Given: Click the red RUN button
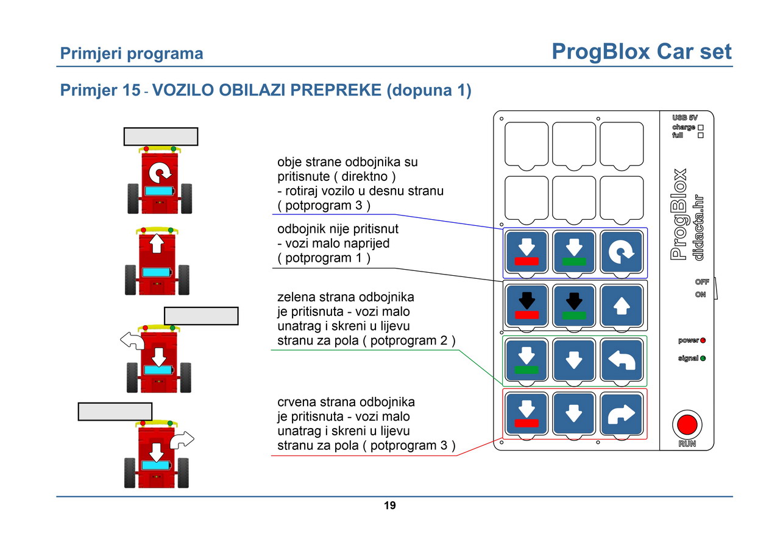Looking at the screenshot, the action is [687, 425].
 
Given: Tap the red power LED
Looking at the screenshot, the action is [703, 340].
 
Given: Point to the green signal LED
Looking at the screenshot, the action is [703, 358].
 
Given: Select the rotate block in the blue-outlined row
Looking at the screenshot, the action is [621, 252].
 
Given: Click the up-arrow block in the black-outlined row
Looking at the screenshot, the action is [621, 306].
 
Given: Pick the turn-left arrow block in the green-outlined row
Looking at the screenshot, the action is [621, 360].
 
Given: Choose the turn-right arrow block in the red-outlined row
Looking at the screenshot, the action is [621, 414].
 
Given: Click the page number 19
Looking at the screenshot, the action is [389, 505].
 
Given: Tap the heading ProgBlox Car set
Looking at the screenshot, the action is [642, 52].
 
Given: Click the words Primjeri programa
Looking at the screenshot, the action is [131, 54].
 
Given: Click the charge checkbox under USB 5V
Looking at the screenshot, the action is [701, 128].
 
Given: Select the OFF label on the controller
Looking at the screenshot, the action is [701, 282].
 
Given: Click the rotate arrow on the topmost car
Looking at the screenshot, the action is [160, 172].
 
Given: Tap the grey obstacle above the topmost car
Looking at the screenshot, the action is [161, 136].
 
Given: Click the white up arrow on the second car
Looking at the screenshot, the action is [157, 243].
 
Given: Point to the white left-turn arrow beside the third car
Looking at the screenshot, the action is [133, 340].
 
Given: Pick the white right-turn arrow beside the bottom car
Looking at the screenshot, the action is [182, 440].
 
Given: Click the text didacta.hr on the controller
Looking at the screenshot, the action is [698, 228].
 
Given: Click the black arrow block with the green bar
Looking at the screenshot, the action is [574, 306].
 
